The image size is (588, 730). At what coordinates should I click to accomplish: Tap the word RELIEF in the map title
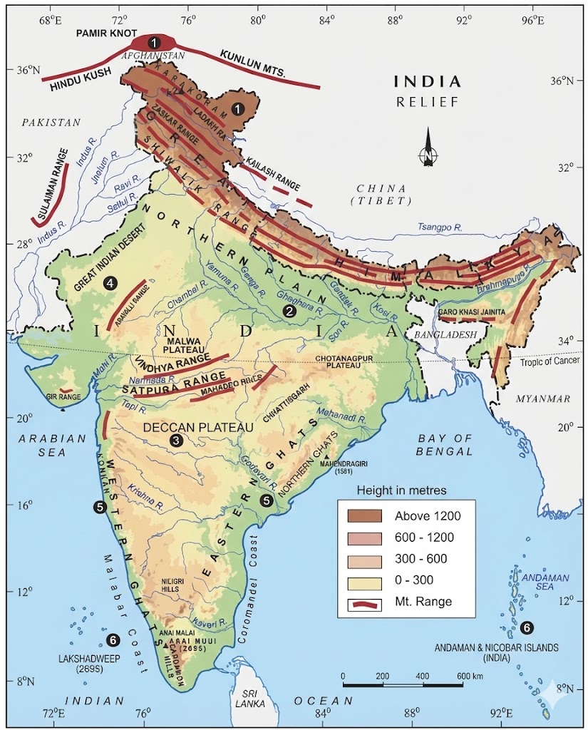[x=427, y=102]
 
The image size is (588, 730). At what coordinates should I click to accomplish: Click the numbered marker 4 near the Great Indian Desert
[x=110, y=283]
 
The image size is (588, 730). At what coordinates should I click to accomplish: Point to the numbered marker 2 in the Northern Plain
[x=289, y=311]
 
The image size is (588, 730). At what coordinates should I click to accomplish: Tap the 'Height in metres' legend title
[x=401, y=490]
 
